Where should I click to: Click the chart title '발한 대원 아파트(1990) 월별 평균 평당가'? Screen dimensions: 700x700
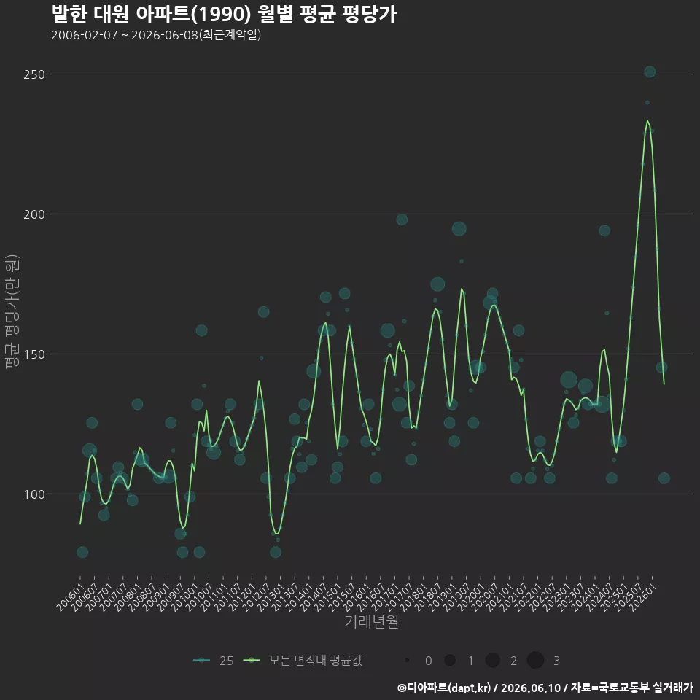(x=224, y=14)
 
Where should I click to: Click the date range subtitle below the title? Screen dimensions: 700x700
(x=156, y=35)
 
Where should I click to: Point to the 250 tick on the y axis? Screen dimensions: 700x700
(x=34, y=74)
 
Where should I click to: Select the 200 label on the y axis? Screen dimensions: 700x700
(x=34, y=214)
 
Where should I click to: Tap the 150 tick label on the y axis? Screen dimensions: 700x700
(x=34, y=354)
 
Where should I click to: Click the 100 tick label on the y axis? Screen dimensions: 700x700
(x=34, y=494)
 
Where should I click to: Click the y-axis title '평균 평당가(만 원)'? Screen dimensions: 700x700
(x=12, y=311)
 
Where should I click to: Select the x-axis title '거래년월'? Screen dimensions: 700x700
(x=371, y=621)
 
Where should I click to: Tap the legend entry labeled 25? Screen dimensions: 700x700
(x=214, y=661)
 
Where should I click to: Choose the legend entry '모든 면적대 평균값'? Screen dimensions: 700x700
(x=303, y=661)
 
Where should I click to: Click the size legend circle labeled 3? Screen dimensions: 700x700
(x=535, y=660)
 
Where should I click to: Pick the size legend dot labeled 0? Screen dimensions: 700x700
(x=407, y=660)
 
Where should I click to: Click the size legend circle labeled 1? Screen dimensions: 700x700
(x=450, y=660)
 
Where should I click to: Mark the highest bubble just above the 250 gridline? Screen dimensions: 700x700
(x=650, y=71)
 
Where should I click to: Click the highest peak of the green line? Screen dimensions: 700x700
(x=647, y=120)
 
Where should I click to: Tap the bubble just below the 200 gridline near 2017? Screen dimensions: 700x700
(x=402, y=219)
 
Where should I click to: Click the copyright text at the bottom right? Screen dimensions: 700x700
(x=545, y=688)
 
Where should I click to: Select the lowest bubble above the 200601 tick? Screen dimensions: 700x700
(x=82, y=552)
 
